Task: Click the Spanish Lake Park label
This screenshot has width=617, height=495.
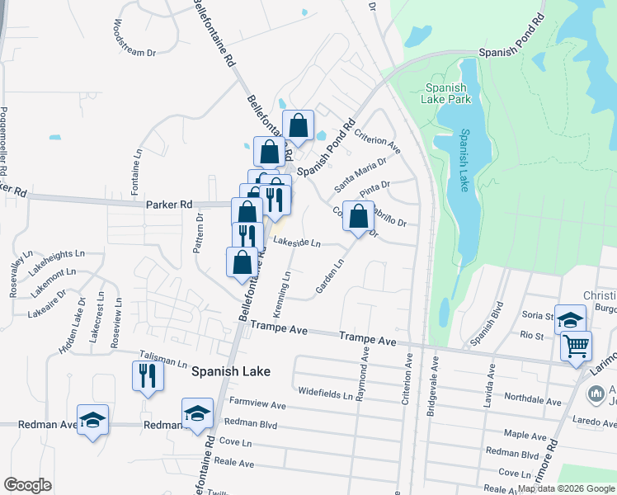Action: tap(448, 92)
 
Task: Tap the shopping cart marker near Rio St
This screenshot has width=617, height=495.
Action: tap(576, 345)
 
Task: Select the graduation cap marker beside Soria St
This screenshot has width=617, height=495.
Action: tap(570, 320)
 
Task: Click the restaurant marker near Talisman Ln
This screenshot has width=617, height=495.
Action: tap(148, 375)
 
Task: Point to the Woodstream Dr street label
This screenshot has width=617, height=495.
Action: tap(135, 40)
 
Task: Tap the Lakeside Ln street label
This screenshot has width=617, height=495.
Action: tap(296, 243)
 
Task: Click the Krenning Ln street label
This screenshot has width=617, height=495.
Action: tap(287, 289)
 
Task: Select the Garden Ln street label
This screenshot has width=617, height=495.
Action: tap(329, 278)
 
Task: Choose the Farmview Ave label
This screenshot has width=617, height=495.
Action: tap(257, 405)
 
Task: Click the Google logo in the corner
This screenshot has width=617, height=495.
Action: tap(28, 485)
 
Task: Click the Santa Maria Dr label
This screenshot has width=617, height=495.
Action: tap(360, 176)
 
